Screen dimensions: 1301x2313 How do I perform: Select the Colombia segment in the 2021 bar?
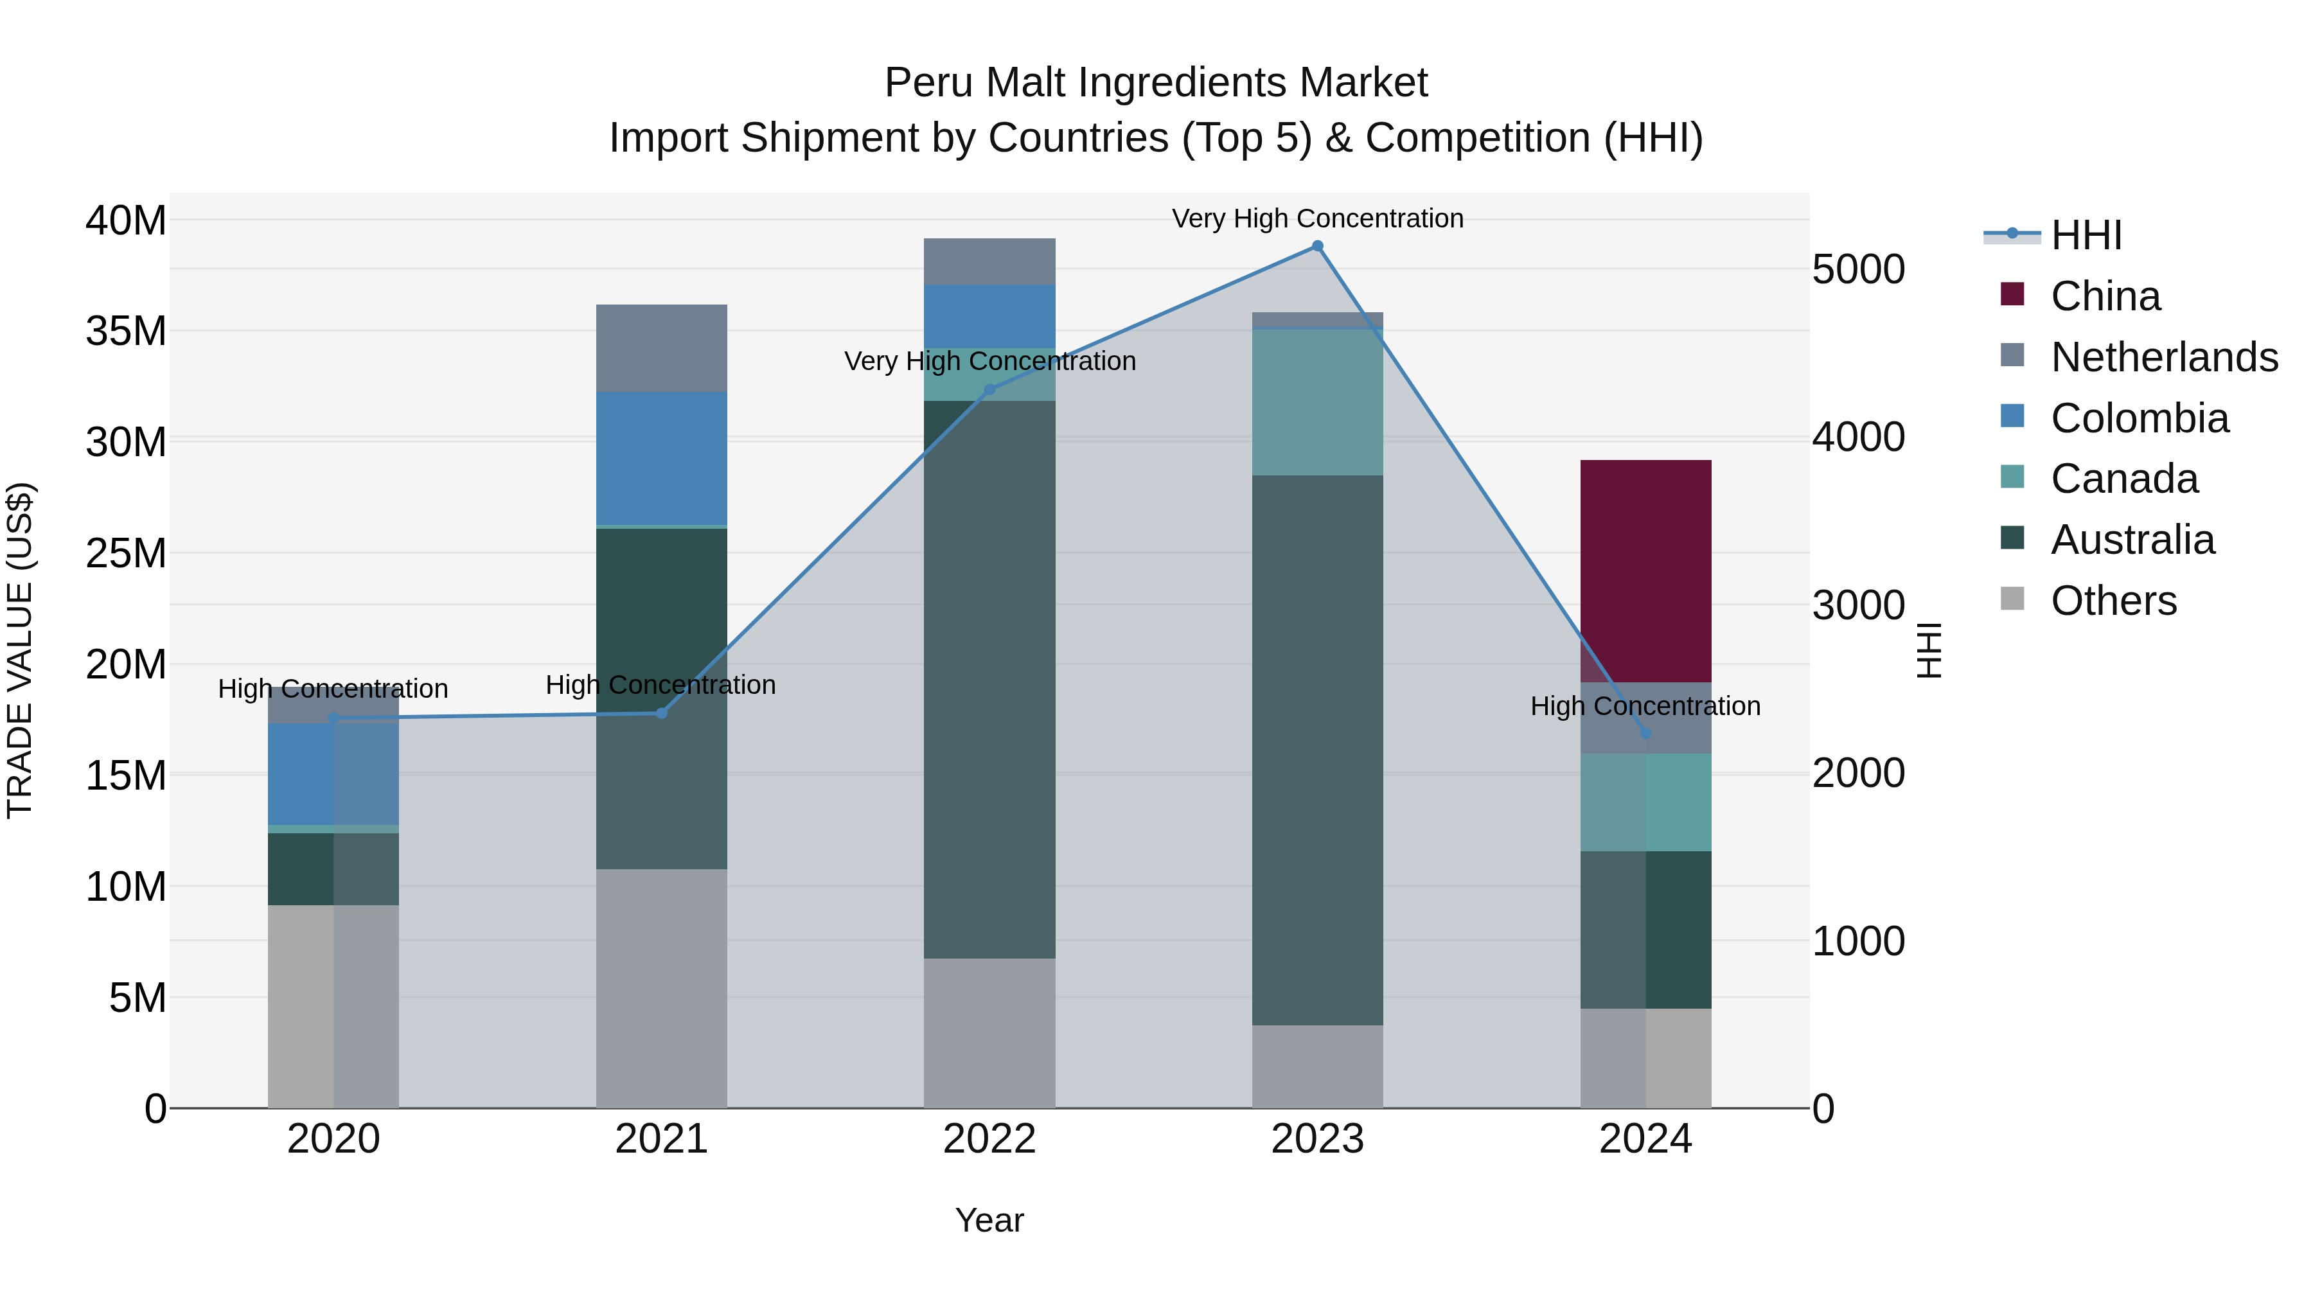661,458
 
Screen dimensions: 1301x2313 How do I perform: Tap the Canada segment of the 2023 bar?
1317,402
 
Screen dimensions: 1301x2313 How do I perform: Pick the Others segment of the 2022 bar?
989,1032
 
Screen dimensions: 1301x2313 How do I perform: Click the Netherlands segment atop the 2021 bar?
661,348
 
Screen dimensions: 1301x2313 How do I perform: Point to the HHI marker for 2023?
1317,246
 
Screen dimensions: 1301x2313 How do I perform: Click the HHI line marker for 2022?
989,390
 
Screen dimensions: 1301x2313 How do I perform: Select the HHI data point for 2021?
661,713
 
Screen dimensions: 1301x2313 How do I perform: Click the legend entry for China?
2105,296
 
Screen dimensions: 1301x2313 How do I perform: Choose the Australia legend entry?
2132,540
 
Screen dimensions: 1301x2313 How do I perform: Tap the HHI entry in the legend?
2086,235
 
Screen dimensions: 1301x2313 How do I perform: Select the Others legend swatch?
2012,599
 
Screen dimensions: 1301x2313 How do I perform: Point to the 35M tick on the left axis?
126,332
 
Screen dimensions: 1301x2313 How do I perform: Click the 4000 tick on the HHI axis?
1857,438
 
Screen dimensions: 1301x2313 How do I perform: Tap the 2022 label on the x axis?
989,1139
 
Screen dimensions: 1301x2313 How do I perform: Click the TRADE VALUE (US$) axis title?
20,650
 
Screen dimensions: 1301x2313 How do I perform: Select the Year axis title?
989,1220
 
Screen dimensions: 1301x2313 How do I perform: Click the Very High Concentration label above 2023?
1317,218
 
